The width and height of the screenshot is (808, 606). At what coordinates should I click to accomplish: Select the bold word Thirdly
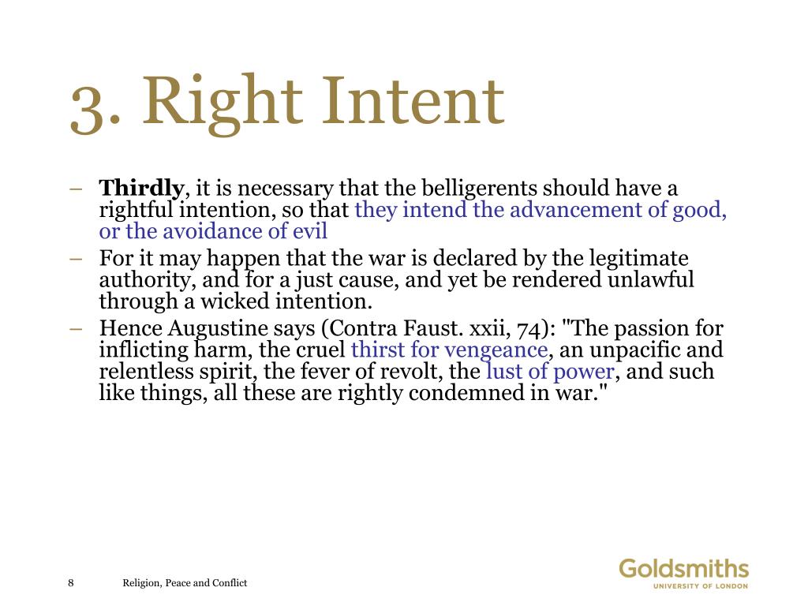tap(141, 189)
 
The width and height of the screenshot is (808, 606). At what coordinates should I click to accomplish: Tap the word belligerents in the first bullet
tap(479, 189)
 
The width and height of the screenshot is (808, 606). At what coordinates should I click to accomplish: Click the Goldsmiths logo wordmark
tap(683, 569)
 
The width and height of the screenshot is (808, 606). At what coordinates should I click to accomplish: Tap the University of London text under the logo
tap(700, 586)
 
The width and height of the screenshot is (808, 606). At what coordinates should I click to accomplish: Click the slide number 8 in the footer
tap(71, 583)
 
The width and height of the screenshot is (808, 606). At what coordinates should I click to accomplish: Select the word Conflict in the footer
tap(228, 583)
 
